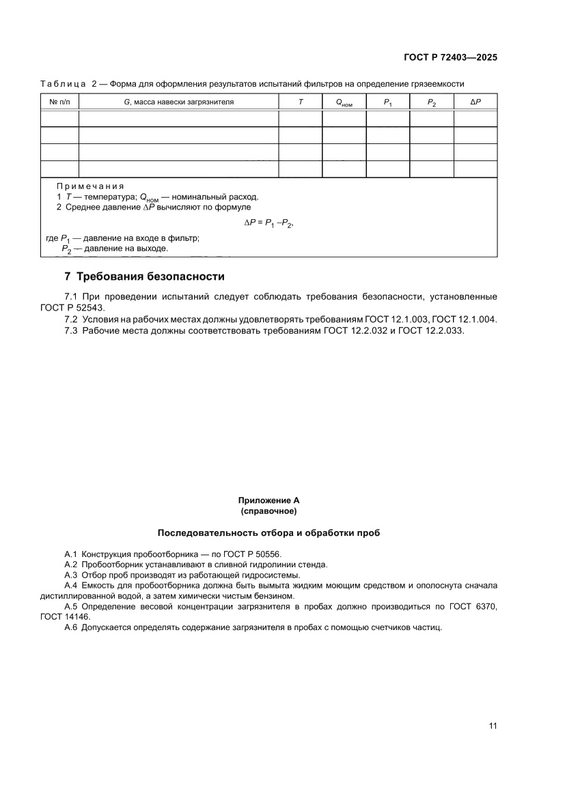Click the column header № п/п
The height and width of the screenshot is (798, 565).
point(59,102)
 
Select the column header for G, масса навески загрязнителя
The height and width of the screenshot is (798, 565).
point(178,102)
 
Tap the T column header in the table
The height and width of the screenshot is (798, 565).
point(300,102)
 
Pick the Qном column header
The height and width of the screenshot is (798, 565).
point(344,102)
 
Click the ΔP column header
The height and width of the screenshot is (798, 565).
point(476,102)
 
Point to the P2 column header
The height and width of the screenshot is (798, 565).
point(432,102)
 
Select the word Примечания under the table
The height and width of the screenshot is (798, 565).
point(90,186)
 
